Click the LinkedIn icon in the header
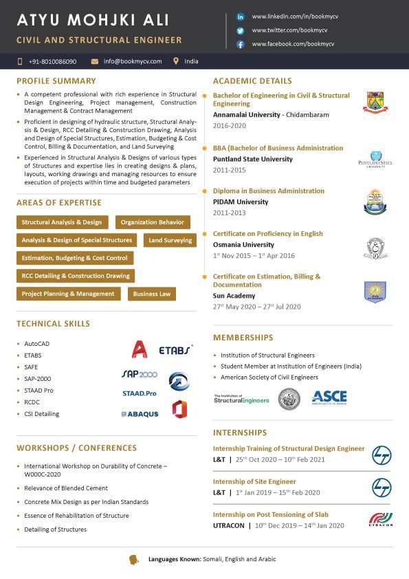click(x=241, y=16)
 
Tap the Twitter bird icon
click(x=241, y=30)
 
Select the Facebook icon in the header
click(x=241, y=44)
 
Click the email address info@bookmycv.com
click(x=133, y=61)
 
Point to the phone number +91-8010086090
click(x=52, y=61)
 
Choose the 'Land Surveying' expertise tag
click(x=170, y=240)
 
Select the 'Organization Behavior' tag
click(x=153, y=222)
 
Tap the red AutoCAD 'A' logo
click(x=140, y=349)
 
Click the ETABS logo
click(x=175, y=350)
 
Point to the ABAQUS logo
click(x=140, y=414)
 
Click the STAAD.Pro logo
click(x=140, y=393)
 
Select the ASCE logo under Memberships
click(x=329, y=397)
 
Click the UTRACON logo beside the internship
click(x=381, y=520)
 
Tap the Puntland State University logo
click(x=375, y=160)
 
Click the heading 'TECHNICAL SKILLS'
click(x=53, y=324)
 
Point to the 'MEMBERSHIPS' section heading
click(x=243, y=338)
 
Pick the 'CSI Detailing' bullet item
click(x=41, y=414)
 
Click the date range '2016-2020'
click(x=229, y=126)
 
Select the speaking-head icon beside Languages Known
click(x=134, y=559)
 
